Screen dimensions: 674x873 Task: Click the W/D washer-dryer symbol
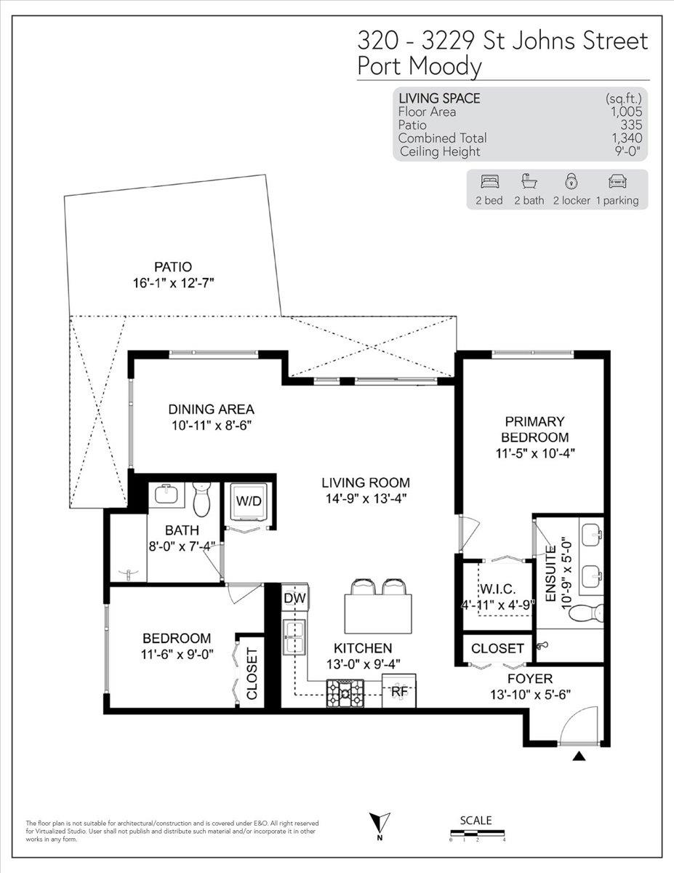coord(249,501)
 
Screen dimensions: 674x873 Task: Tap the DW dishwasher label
coord(294,598)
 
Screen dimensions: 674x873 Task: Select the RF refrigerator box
coord(398,691)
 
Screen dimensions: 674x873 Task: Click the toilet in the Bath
coord(201,499)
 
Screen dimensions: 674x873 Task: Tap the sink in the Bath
coord(167,494)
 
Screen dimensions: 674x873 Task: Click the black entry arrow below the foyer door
coord(579,756)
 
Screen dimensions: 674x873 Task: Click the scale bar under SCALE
coord(477,832)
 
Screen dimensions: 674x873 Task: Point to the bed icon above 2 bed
coord(490,182)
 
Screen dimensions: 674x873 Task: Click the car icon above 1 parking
coord(618,182)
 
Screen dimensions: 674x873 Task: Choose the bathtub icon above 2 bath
coord(529,181)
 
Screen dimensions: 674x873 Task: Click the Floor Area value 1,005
coord(627,112)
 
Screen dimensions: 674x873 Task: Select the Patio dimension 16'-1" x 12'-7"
coord(174,283)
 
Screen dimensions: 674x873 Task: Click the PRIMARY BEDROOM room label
coord(534,429)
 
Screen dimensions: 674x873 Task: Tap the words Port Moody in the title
coord(420,67)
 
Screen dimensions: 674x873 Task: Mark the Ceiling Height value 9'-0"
coord(626,151)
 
